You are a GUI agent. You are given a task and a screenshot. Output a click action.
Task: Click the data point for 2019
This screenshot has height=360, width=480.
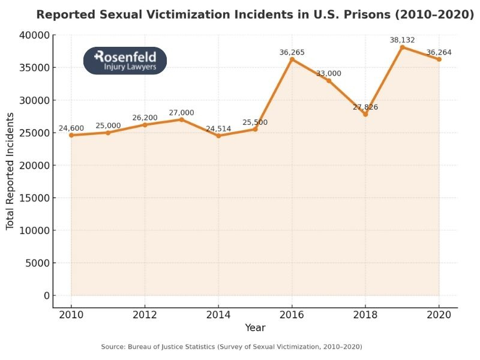coord(402,47)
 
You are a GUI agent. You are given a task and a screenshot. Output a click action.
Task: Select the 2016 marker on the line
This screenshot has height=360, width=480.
coord(292,59)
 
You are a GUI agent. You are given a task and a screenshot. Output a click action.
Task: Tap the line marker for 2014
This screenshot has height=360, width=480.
coord(218,136)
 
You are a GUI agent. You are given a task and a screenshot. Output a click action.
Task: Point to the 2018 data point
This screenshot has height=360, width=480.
coord(365,114)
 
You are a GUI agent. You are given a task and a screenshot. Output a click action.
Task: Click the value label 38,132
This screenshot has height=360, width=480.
coord(402,40)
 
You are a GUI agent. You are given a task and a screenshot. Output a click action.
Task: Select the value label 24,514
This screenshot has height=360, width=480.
coord(218,128)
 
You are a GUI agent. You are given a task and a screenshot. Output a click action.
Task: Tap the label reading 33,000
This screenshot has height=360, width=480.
coord(329,73)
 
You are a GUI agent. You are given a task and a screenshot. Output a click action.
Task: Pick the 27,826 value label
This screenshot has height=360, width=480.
coord(365,107)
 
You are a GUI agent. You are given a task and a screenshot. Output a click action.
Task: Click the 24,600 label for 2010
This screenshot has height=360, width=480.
coord(71,128)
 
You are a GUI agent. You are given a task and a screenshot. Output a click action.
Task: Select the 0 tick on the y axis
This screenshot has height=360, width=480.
coord(46,296)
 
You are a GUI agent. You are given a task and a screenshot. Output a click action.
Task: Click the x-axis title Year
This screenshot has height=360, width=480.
coord(255,328)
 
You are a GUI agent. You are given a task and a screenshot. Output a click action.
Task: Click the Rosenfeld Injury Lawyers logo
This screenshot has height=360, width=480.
coord(125,61)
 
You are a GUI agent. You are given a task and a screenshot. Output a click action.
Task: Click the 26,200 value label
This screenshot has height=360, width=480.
coord(145,118)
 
